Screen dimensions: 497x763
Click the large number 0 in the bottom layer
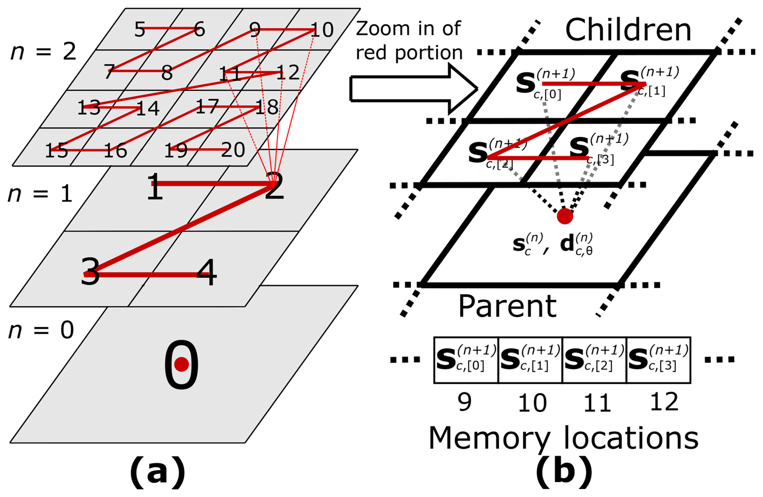tap(181, 364)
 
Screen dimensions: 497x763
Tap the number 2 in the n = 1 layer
tap(274, 186)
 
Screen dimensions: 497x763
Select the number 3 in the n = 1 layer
tap(90, 272)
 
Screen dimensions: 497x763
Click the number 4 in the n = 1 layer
tap(206, 273)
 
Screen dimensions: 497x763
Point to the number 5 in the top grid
tap(140, 29)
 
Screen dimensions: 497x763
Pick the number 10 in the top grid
tap(322, 30)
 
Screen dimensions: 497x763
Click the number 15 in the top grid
tap(56, 151)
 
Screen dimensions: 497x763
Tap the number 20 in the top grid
tap(233, 150)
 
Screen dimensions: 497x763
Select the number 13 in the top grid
tap(89, 108)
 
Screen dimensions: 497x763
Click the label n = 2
tap(43, 52)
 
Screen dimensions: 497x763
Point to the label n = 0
tap(41, 330)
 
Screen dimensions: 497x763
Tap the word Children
tap(628, 30)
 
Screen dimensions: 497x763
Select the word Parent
tap(507, 306)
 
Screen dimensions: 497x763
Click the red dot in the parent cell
tap(565, 217)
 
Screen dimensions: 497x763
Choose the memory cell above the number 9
tap(466, 360)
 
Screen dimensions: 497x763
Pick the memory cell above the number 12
tap(658, 360)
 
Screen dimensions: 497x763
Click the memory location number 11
tap(597, 403)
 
